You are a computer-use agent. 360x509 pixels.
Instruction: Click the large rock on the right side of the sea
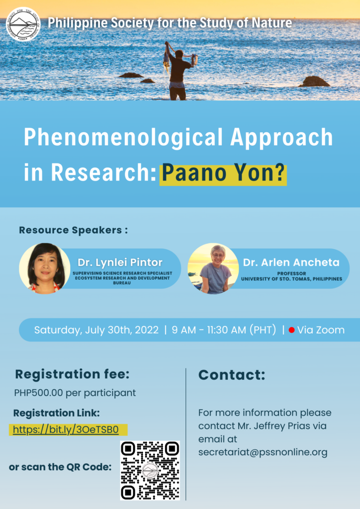pyautogui.click(x=314, y=82)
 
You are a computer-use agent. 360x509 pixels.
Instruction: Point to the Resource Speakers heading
pyautogui.click(x=74, y=230)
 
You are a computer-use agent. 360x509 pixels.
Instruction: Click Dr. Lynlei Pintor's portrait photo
pyautogui.click(x=44, y=268)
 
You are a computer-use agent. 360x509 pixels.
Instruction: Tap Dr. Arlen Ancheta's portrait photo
pyautogui.click(x=213, y=268)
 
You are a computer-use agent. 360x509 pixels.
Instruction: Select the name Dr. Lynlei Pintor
pyautogui.click(x=120, y=262)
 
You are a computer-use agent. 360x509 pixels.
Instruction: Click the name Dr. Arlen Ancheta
pyautogui.click(x=291, y=262)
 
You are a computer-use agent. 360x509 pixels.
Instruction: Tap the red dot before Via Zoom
pyautogui.click(x=291, y=330)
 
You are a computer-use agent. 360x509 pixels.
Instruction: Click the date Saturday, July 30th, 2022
pyautogui.click(x=96, y=330)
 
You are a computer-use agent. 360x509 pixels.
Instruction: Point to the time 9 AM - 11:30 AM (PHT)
pyautogui.click(x=224, y=330)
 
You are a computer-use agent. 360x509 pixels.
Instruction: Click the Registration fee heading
pyautogui.click(x=73, y=374)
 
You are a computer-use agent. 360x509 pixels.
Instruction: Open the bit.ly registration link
pyautogui.click(x=66, y=430)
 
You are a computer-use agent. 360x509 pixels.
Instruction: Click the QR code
pyautogui.click(x=150, y=470)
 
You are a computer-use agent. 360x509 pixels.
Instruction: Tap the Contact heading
pyautogui.click(x=232, y=375)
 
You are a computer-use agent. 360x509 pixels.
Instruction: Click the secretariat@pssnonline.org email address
pyautogui.click(x=263, y=452)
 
